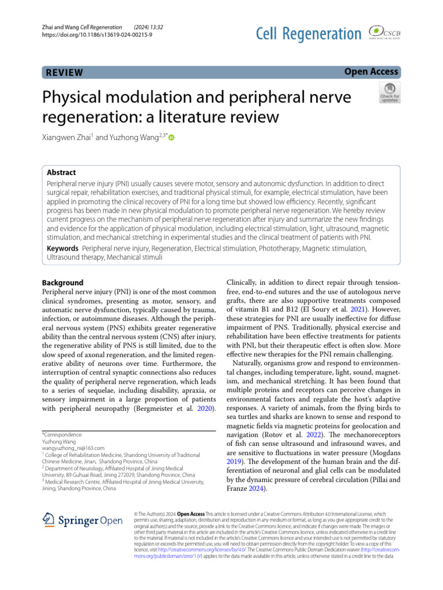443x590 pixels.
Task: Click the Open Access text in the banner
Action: click(x=371, y=71)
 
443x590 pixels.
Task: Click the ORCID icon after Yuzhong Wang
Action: click(x=171, y=138)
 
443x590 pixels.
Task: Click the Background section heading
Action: click(x=63, y=283)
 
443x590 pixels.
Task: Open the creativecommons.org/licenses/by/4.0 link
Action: click(x=212, y=550)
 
